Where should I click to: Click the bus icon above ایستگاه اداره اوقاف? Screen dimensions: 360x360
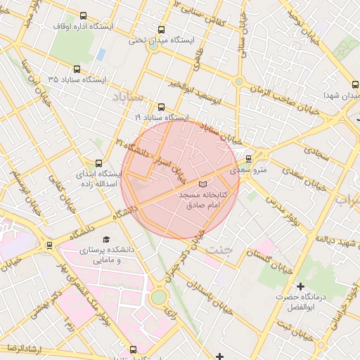tap(84, 15)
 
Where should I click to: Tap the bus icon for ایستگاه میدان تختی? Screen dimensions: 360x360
tap(162, 30)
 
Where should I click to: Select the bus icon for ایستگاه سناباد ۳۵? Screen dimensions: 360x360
tap(77, 69)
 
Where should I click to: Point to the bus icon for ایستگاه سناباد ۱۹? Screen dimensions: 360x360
tap(162, 108)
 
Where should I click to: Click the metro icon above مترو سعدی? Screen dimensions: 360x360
tap(248, 159)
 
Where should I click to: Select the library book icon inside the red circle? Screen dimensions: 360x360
tap(203, 184)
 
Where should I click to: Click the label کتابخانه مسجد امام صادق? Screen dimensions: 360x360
tap(200, 199)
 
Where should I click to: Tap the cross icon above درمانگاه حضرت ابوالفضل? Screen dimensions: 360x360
tap(300, 286)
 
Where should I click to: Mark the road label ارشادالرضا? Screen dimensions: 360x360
tap(22, 349)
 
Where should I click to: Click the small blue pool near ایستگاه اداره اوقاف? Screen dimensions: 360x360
tap(101, 53)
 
